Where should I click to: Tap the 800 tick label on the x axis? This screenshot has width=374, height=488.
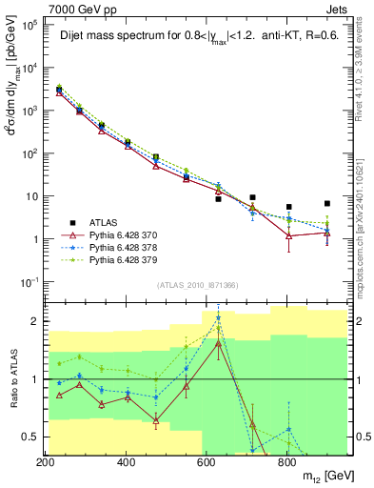click(x=286, y=461)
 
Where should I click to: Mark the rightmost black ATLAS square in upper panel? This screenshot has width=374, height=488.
click(x=326, y=203)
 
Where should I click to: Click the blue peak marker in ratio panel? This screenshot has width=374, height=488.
click(x=219, y=317)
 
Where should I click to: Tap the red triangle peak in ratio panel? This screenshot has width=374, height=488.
click(x=219, y=343)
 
